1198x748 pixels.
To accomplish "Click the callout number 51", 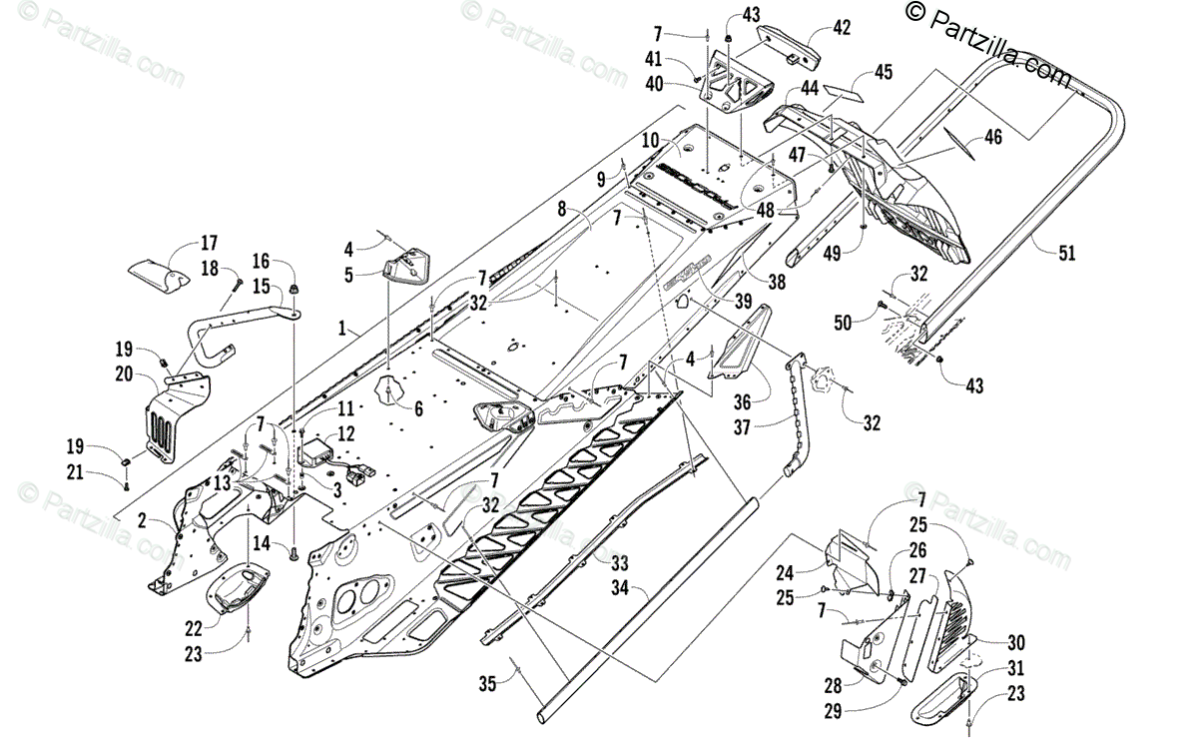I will coord(1067,253).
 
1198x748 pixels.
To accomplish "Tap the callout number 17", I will coord(208,243).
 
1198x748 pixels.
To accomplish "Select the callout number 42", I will coord(842,28).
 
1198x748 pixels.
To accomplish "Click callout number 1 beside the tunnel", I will coord(341,327).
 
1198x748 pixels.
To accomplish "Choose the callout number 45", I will coord(883,72).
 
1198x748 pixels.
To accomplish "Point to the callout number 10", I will coord(650,141).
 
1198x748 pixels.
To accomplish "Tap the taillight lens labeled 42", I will coord(787,43).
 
